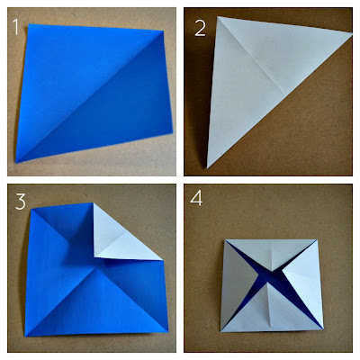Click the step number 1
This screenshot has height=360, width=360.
[15, 26]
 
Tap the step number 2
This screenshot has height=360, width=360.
[200, 29]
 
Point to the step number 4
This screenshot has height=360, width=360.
[196, 198]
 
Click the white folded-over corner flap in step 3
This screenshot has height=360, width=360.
[120, 237]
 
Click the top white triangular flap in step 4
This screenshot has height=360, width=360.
[271, 252]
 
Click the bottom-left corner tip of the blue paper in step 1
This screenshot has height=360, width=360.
[16, 163]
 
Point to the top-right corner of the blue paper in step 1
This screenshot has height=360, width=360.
[163, 31]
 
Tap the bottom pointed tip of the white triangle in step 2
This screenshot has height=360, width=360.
[207, 168]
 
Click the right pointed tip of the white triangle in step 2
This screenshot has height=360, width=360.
[352, 35]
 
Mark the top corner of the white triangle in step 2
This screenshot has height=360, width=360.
[218, 17]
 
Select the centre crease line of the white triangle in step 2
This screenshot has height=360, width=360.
[251, 56]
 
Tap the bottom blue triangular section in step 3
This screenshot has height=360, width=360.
[96, 303]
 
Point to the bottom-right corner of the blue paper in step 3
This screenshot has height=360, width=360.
[167, 331]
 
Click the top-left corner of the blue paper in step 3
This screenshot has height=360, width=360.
[31, 209]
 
